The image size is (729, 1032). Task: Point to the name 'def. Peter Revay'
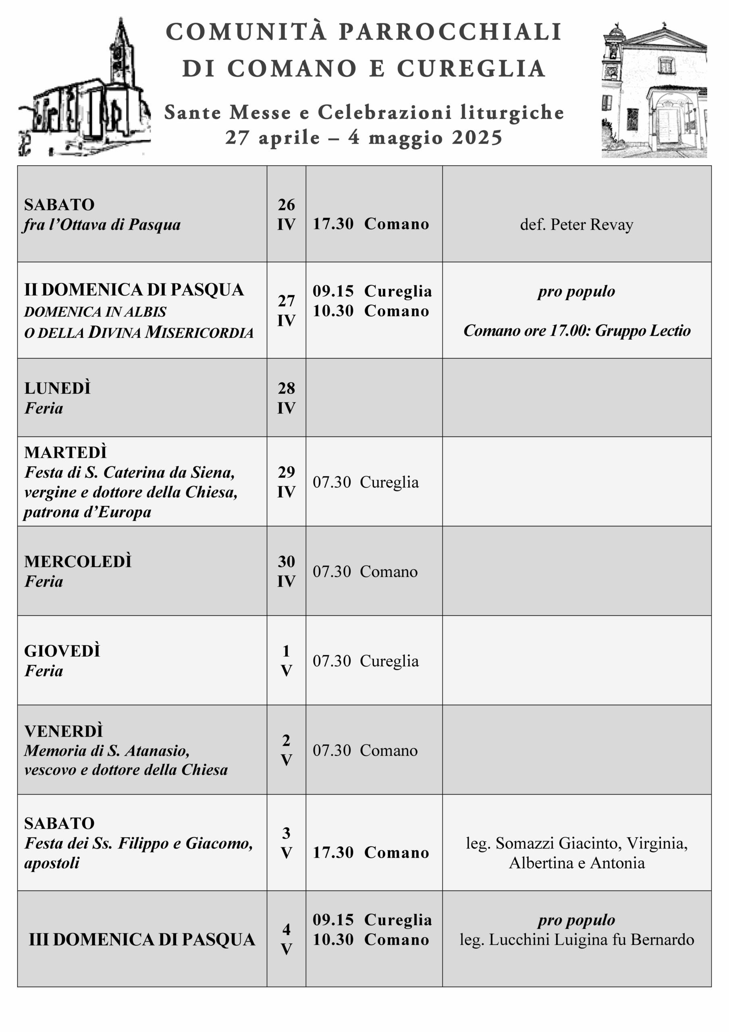click(576, 224)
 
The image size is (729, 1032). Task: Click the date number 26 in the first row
click(286, 205)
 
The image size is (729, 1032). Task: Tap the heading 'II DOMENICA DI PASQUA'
click(134, 290)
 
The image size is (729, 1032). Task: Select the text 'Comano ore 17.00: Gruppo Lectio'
click(577, 331)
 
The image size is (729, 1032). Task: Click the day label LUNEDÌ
click(58, 388)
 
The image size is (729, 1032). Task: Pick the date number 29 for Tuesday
click(286, 472)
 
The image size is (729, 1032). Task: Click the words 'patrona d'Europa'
click(87, 512)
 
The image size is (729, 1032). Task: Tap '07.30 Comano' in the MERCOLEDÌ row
click(365, 572)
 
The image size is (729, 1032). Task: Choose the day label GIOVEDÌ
click(62, 651)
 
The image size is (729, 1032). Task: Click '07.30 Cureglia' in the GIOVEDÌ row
click(366, 661)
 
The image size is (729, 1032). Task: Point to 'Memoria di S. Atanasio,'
click(107, 751)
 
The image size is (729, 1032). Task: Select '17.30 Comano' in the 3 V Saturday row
click(371, 853)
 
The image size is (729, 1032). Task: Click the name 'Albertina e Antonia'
click(577, 863)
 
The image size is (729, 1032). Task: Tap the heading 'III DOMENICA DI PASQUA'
click(142, 939)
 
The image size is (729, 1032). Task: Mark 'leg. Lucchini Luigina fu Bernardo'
click(577, 940)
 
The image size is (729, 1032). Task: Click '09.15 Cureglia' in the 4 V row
click(372, 920)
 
